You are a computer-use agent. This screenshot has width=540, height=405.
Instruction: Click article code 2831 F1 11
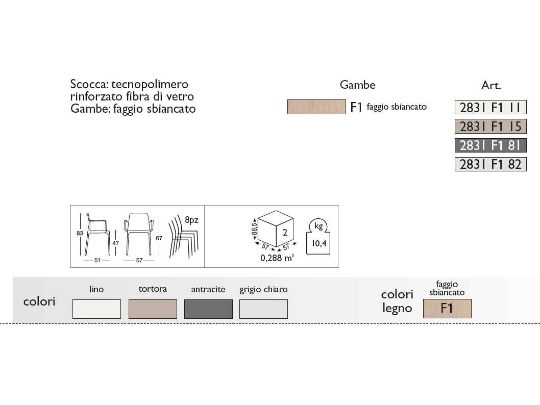(x=490, y=107)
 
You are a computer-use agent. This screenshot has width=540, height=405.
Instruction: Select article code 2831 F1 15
(x=490, y=126)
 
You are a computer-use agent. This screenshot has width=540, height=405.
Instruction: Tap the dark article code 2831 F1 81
(x=490, y=145)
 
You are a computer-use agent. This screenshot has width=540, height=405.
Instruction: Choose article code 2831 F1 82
(x=490, y=164)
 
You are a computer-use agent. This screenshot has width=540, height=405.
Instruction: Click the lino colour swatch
(x=96, y=309)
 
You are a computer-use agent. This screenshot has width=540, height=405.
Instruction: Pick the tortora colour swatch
(x=153, y=309)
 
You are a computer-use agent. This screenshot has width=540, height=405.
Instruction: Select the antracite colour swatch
(x=208, y=309)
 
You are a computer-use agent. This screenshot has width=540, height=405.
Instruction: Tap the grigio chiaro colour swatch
(x=263, y=309)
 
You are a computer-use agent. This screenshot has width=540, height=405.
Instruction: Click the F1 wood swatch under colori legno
(x=447, y=309)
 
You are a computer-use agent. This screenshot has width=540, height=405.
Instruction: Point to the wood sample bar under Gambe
(x=316, y=107)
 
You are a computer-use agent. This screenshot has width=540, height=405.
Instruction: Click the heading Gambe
(x=358, y=85)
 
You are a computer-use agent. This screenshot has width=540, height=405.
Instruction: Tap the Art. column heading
(x=491, y=86)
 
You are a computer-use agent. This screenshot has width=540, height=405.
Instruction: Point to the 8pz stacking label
(x=191, y=220)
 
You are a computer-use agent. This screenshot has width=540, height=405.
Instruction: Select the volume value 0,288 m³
(x=277, y=259)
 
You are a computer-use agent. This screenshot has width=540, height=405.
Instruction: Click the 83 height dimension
(x=80, y=233)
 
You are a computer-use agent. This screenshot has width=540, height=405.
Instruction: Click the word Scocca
(x=88, y=85)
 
